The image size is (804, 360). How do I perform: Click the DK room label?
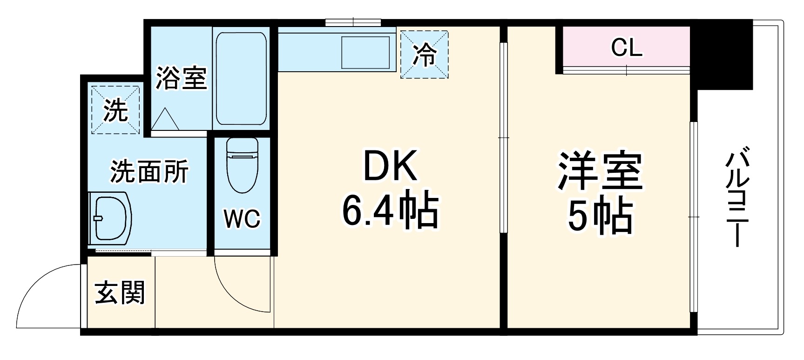coord(390,166)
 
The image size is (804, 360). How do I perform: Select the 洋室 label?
coord(600,171)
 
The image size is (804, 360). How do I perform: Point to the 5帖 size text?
coord(600,216)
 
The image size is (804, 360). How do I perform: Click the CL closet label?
coord(627,47)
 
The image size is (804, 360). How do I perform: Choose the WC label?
coord(242,218)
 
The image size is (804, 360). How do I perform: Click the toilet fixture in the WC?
coord(242,165)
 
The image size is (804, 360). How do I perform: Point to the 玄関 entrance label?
coord(120,292)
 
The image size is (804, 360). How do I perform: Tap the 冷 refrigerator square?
coord(424,54)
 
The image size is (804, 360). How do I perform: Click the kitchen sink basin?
coord(365,52)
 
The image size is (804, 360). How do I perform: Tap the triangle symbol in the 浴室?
coord(165,120)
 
